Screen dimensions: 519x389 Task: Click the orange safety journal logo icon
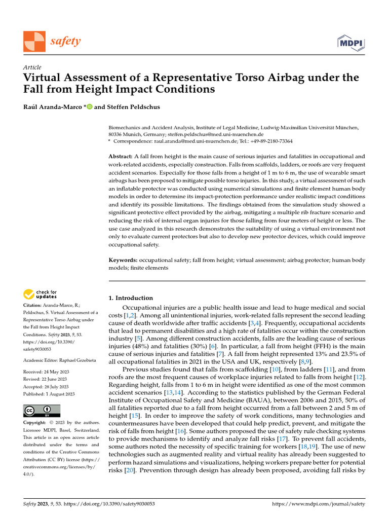coord(34,41)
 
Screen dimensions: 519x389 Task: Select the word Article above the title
coord(32,67)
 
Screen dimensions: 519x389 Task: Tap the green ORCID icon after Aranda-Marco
coord(90,107)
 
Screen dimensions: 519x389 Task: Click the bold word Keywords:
coord(124,260)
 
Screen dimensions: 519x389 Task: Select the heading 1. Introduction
coord(131,298)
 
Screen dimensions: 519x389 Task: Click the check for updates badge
coord(41,293)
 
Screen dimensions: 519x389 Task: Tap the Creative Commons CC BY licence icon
coord(42,411)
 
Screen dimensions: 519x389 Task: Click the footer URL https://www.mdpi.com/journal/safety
coord(319,504)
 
